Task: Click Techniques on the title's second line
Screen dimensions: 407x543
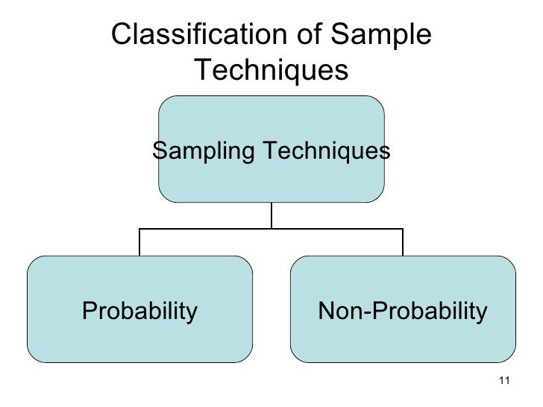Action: pyautogui.click(x=271, y=71)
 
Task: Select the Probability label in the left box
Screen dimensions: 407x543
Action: pyautogui.click(x=139, y=310)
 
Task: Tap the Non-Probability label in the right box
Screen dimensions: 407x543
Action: pyautogui.click(x=402, y=310)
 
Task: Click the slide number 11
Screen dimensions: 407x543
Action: pyautogui.click(x=502, y=382)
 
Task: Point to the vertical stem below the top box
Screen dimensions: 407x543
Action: pyautogui.click(x=271, y=215)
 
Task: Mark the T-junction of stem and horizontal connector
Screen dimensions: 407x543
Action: pyautogui.click(x=271, y=229)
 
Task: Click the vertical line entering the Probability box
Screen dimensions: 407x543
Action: pyautogui.click(x=139, y=242)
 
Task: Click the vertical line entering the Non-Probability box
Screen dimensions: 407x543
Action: pyautogui.click(x=403, y=242)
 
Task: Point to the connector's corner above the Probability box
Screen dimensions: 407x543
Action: pyautogui.click(x=139, y=229)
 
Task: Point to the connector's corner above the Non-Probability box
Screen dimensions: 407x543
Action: pyautogui.click(x=403, y=229)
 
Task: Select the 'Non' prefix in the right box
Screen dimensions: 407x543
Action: pyautogui.click(x=338, y=310)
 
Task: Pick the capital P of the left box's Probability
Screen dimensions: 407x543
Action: pyautogui.click(x=89, y=310)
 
